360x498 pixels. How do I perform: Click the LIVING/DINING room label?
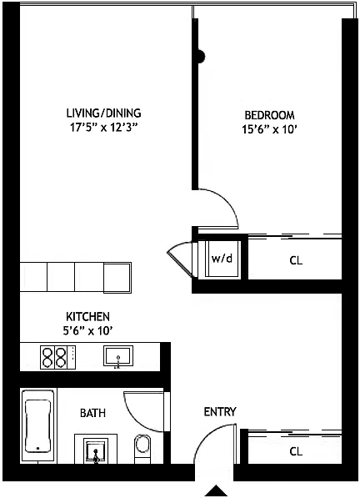103,113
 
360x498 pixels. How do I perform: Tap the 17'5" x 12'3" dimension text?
104,128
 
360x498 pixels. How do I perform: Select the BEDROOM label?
269,115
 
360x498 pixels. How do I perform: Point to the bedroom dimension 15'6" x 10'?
269,129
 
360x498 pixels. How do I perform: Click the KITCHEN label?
87,317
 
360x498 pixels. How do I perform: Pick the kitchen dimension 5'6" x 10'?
87,331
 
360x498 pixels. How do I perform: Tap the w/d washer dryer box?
222,259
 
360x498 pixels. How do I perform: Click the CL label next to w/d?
296,260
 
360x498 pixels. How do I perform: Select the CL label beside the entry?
296,451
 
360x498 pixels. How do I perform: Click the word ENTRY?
220,412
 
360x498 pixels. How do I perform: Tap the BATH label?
92,413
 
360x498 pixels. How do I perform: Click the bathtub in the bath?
37,425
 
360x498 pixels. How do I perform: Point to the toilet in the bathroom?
142,448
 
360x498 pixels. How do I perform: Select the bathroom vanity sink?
96,450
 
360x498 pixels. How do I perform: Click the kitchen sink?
118,356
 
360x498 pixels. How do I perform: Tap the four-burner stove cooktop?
58,357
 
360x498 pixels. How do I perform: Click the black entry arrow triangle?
216,490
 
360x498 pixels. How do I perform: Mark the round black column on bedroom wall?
201,57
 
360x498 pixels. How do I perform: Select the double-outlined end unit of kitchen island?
117,278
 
